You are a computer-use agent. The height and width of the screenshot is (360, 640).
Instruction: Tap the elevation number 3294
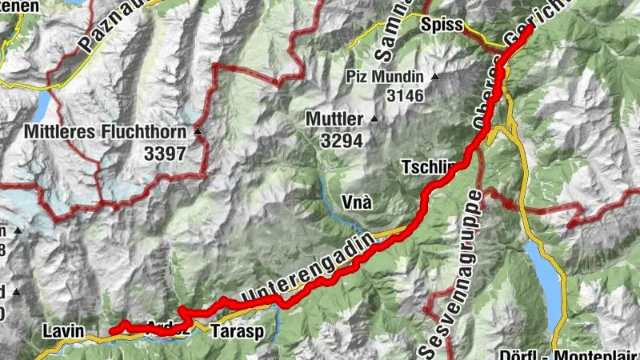point(342,142)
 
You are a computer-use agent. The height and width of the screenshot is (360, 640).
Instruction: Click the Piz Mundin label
point(386,77)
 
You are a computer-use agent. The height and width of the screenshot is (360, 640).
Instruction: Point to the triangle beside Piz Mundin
point(434,77)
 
